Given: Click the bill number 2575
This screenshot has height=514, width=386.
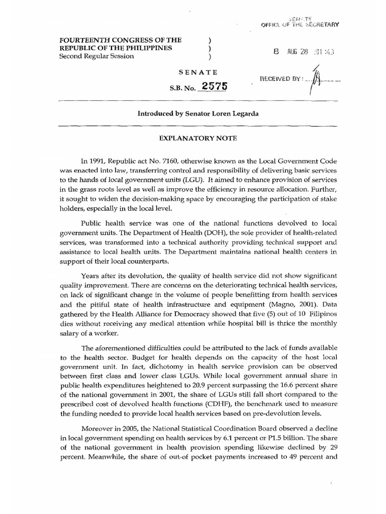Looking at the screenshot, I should click(213, 86).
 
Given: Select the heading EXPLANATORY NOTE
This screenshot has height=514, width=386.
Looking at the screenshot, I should click(193, 137).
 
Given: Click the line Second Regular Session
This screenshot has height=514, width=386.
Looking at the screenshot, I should click(97, 56).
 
